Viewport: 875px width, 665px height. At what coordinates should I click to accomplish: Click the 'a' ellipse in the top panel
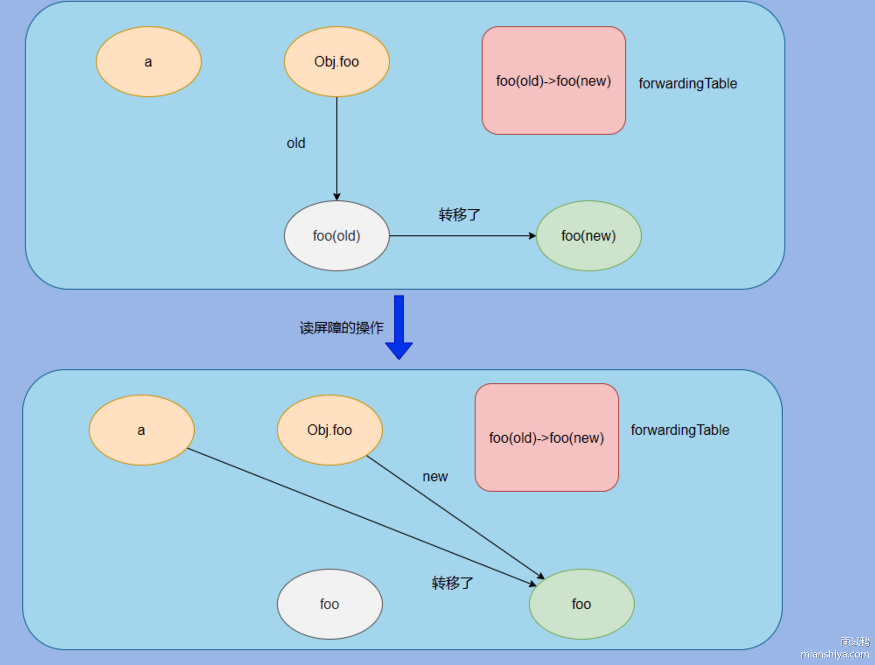148,62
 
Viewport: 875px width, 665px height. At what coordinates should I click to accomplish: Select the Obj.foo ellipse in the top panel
336,62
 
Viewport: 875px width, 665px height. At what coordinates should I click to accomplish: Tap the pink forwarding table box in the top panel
553,80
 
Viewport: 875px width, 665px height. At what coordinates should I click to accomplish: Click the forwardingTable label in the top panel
688,83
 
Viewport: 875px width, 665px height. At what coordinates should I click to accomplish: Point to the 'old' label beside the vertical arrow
296,143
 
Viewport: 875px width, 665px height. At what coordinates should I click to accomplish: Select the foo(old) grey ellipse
336,236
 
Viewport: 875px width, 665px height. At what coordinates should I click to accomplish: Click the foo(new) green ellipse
588,236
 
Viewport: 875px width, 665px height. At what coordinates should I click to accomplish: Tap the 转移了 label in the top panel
459,215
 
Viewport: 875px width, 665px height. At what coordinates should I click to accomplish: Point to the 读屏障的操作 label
341,328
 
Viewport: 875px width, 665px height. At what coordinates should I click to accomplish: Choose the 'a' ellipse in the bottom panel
141,430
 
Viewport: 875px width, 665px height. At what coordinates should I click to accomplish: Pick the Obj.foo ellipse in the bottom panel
329,430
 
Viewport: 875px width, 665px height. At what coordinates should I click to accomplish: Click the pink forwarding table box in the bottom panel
546,437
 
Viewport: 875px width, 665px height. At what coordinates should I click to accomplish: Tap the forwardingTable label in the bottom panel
680,430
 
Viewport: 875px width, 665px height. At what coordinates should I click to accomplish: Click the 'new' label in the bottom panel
435,476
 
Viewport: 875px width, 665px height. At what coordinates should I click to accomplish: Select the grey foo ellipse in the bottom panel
329,604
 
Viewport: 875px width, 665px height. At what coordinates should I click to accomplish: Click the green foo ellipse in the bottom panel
581,604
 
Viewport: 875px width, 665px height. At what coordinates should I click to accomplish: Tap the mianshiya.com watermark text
835,654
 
